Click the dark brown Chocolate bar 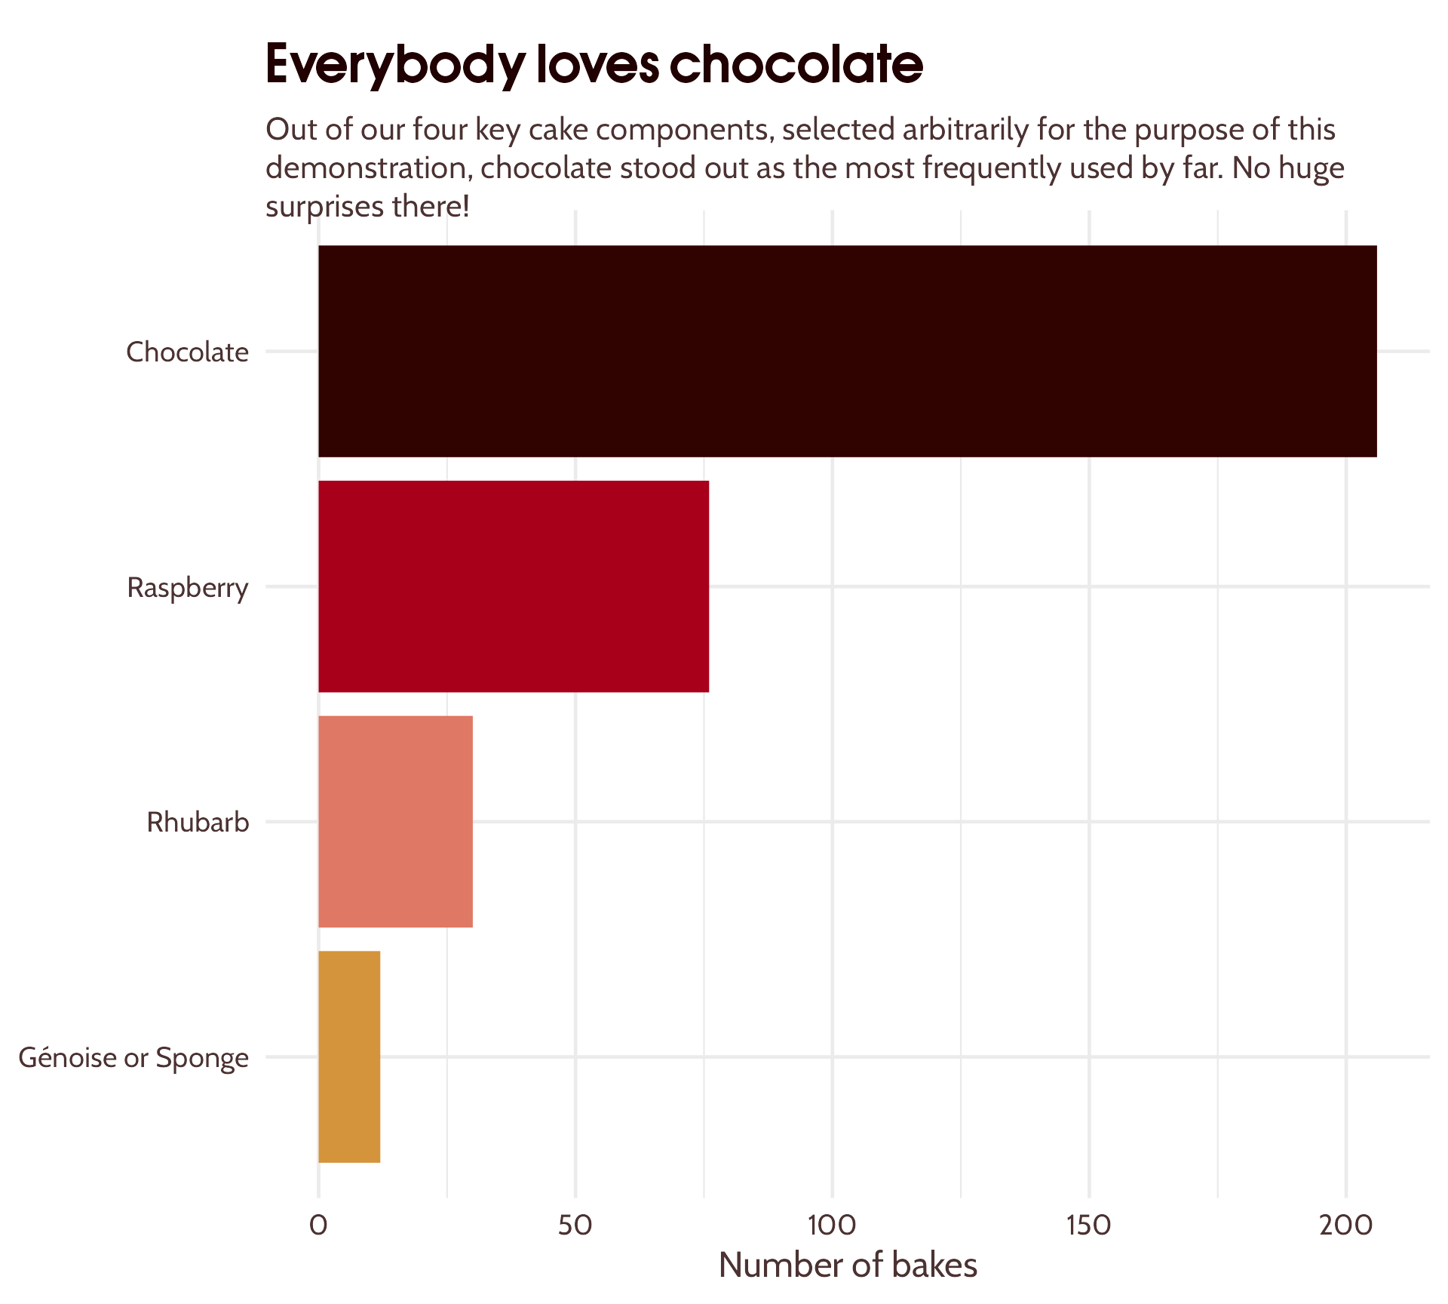pyautogui.click(x=847, y=351)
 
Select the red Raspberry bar pyautogui.click(x=514, y=586)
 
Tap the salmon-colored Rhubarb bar pyautogui.click(x=395, y=821)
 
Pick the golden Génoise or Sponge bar pyautogui.click(x=349, y=1056)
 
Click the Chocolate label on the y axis pyautogui.click(x=187, y=352)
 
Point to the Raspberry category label pyautogui.click(x=187, y=588)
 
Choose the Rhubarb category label pyautogui.click(x=198, y=822)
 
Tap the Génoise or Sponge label pyautogui.click(x=133, y=1057)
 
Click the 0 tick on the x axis pyautogui.click(x=318, y=1225)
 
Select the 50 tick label pyautogui.click(x=575, y=1225)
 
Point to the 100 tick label pyautogui.click(x=832, y=1225)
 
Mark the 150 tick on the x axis pyautogui.click(x=1089, y=1225)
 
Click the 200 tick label pyautogui.click(x=1345, y=1225)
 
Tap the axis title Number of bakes pyautogui.click(x=848, y=1266)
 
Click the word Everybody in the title pyautogui.click(x=394, y=65)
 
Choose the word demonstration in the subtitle pyautogui.click(x=367, y=168)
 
